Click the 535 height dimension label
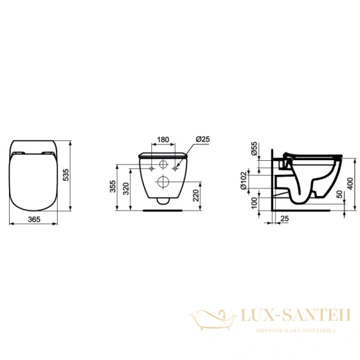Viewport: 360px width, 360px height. point(67,174)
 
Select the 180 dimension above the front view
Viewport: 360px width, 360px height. point(163,141)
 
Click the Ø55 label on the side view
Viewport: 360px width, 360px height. point(254,149)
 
